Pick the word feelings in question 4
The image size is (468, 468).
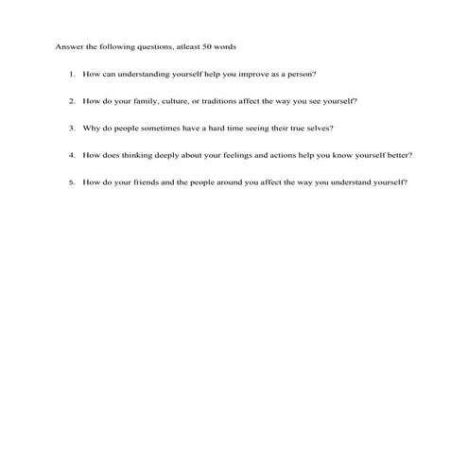click(229, 155)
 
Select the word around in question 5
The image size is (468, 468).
click(234, 182)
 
